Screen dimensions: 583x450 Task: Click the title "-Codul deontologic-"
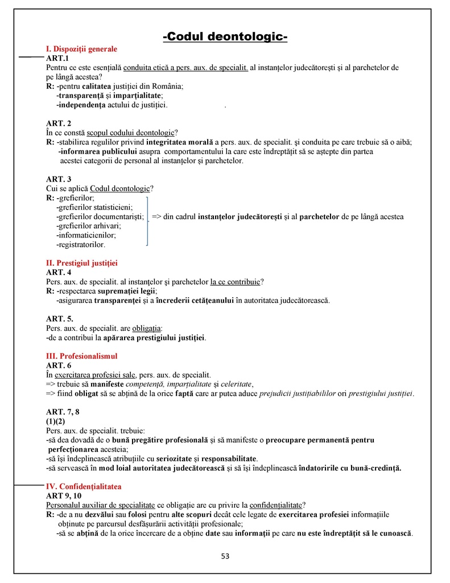tap(225, 38)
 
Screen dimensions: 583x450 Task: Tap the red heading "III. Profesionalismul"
tap(81, 356)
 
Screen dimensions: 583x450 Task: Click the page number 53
tap(225, 556)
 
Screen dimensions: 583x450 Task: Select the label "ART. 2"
tap(59, 124)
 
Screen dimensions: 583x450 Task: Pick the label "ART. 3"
tap(59, 179)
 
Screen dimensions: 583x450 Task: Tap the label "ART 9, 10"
tap(63, 496)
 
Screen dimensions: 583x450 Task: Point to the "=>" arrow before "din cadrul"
tap(156, 217)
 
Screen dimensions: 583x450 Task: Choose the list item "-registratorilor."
tap(81, 245)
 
